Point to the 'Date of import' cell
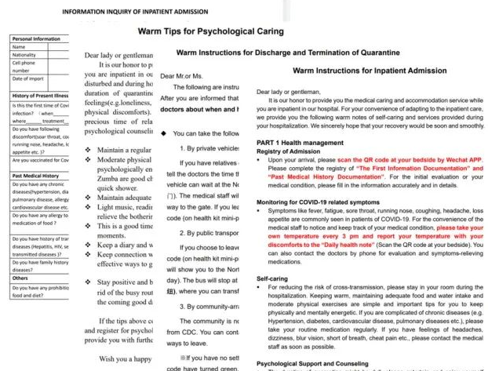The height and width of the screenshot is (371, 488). (28, 78)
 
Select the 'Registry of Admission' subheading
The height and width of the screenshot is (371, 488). (290, 151)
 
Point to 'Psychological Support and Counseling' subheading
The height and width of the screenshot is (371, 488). (313, 363)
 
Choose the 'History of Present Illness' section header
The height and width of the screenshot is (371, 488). (39, 96)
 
